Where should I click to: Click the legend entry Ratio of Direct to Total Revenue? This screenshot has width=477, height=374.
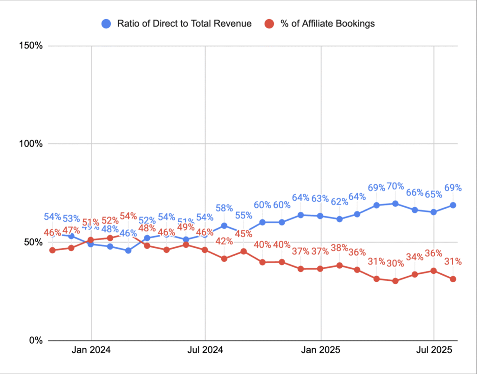pos(177,24)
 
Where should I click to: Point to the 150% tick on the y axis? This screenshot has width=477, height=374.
pos(31,46)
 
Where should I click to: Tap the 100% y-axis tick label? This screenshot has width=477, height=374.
pos(31,144)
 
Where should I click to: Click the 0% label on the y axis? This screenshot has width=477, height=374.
pos(35,340)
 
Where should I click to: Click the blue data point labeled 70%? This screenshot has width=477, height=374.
pos(395,204)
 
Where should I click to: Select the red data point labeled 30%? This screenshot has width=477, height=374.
pos(395,281)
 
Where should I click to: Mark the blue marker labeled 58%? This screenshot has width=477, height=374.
pos(224,225)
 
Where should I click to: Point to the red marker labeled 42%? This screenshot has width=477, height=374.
pos(224,258)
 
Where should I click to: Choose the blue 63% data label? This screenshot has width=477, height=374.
pos(320,199)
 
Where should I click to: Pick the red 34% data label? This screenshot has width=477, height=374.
pos(415,257)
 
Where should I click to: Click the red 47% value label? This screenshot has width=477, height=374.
pos(71,230)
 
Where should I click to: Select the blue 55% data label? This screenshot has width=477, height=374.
pos(243,216)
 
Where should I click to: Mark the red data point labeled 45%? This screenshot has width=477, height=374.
pos(243,252)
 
